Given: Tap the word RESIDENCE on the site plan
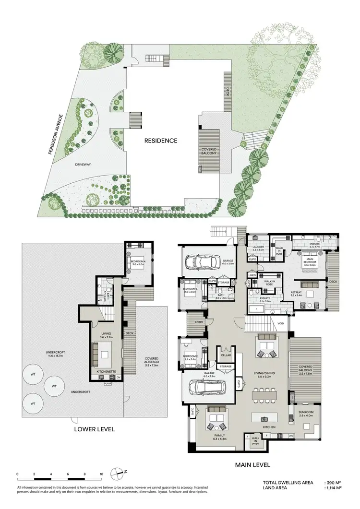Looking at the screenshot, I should click(x=162, y=141).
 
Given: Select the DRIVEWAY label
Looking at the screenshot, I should click(x=83, y=165).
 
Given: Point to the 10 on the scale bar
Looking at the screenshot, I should click(x=101, y=474).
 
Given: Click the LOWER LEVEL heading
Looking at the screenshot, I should click(x=94, y=429).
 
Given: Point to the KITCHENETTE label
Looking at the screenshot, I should click(x=108, y=371).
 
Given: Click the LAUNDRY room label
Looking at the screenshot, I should click(x=259, y=247).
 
